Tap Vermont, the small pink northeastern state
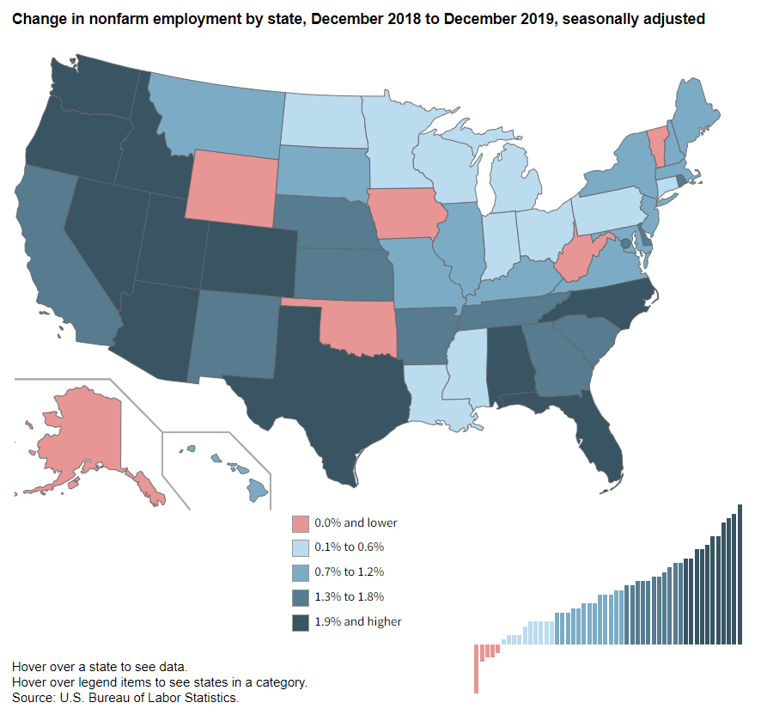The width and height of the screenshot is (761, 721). (656, 141)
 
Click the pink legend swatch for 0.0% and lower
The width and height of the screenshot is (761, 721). (300, 522)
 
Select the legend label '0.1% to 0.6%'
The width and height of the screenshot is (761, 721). (349, 547)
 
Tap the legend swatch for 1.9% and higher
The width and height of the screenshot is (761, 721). (300, 622)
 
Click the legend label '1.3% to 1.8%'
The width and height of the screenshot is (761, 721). (349, 596)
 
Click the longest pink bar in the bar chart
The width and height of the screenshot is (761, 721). (476, 669)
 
